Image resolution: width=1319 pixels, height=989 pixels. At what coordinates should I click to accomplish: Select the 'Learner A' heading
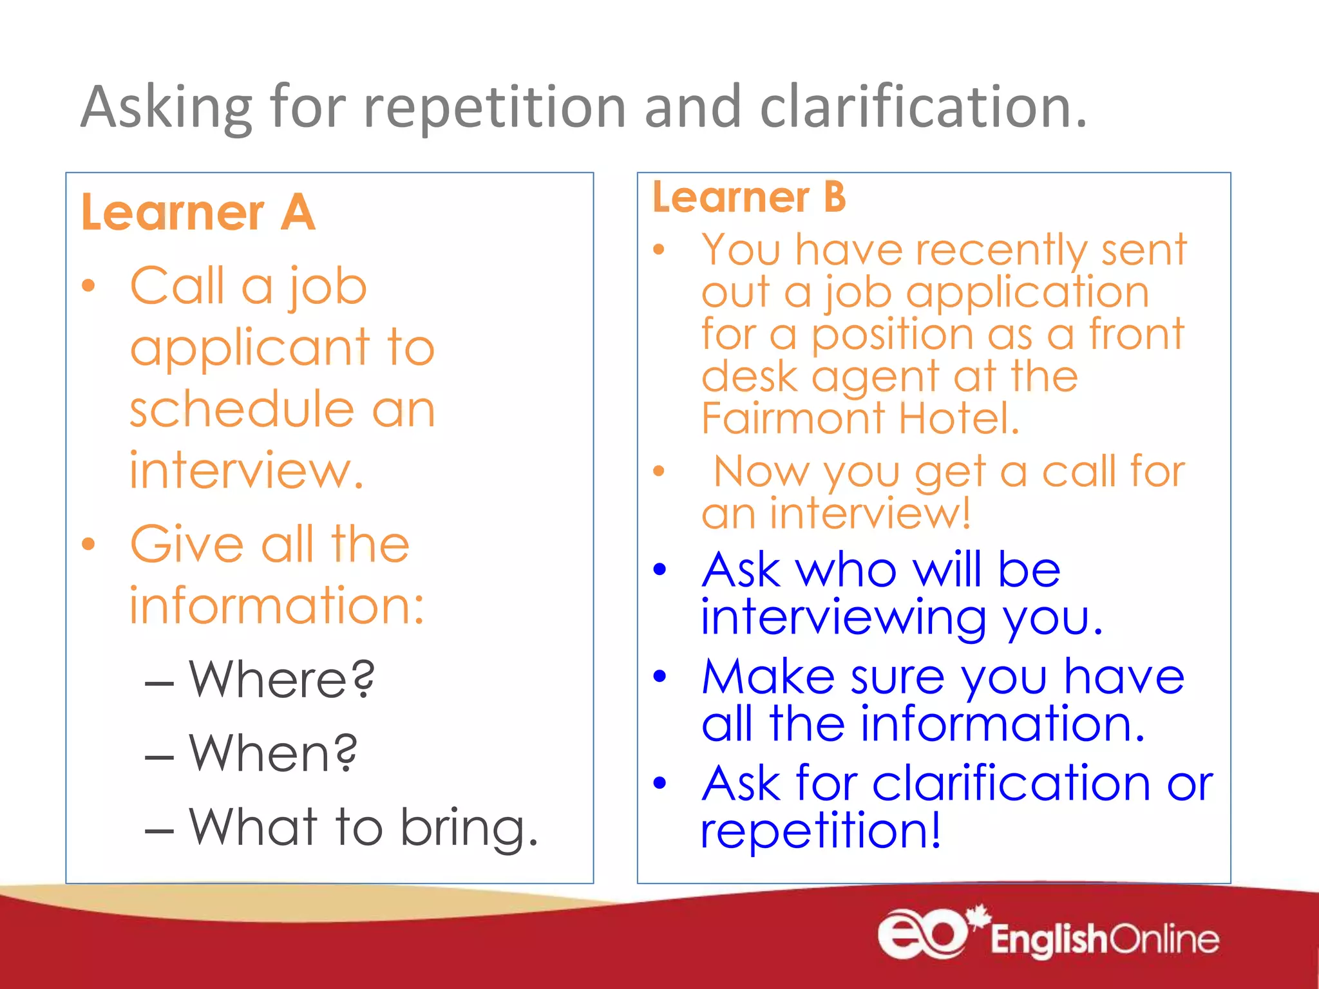pyautogui.click(x=198, y=212)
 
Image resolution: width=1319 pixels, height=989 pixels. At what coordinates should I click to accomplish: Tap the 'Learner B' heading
pyautogui.click(x=749, y=197)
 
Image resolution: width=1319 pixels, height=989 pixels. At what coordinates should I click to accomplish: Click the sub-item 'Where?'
pyautogui.click(x=281, y=679)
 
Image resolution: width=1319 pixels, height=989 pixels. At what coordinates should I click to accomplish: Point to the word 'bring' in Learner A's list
pyautogui.click(x=468, y=827)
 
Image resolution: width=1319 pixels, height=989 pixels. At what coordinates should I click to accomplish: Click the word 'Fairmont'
pyautogui.click(x=793, y=419)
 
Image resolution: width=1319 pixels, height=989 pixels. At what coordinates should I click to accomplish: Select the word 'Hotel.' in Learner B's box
pyautogui.click(x=959, y=419)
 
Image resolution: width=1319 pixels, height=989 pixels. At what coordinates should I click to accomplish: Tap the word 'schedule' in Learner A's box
pyautogui.click(x=242, y=409)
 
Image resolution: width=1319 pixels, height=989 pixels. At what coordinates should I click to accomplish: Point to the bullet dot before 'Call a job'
pyautogui.click(x=89, y=285)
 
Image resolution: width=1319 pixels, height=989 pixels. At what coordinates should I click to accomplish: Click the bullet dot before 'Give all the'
pyautogui.click(x=89, y=544)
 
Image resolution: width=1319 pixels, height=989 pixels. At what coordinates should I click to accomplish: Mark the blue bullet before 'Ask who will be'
pyautogui.click(x=659, y=569)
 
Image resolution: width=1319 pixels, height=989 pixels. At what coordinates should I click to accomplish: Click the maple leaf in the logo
pyautogui.click(x=979, y=916)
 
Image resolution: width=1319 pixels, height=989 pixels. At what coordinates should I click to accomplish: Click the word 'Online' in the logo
pyautogui.click(x=1164, y=939)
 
